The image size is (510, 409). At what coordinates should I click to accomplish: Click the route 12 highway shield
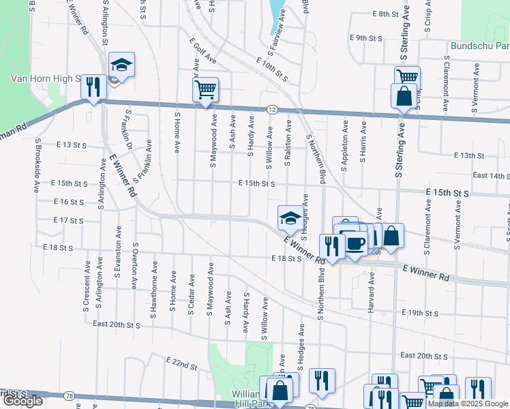point(271,109)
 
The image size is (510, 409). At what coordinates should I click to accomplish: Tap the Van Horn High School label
point(46,78)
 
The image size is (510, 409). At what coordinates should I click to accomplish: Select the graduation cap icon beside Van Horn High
point(121,65)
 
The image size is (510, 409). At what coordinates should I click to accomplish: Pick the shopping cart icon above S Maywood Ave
point(206,89)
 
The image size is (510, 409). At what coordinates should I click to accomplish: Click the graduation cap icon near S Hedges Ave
point(290,218)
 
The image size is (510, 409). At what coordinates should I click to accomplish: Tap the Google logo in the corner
point(22,401)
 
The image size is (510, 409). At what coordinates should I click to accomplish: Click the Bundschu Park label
point(480,46)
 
